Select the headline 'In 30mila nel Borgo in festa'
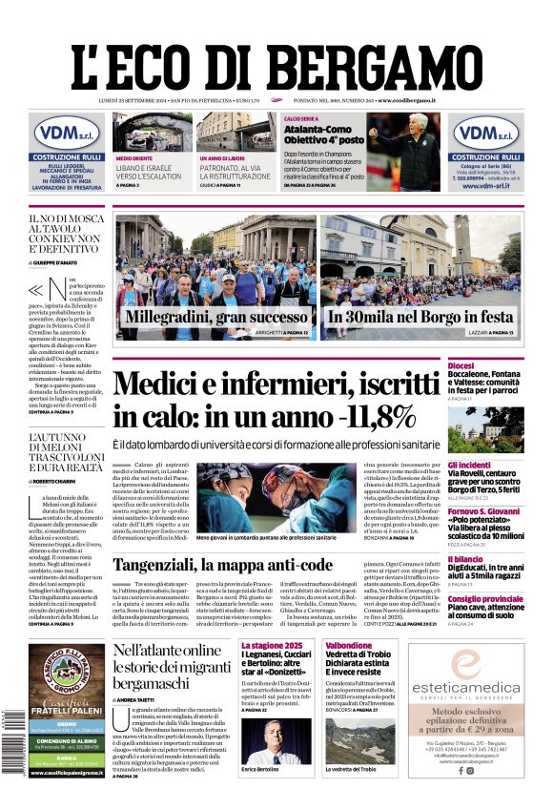pos(420,316)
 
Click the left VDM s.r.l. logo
pos(67,133)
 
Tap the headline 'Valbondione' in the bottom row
pos(348,646)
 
